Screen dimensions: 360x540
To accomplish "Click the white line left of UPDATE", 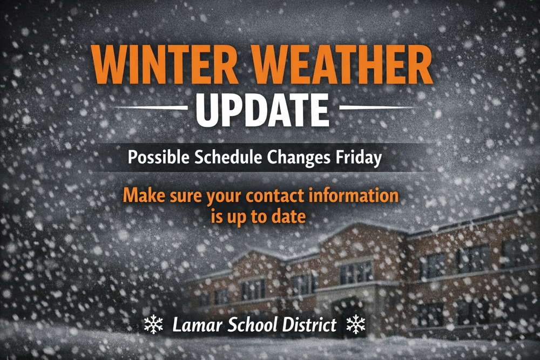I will (151, 107).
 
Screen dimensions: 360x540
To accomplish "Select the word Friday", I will (361, 158).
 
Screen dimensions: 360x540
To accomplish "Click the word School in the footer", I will (249, 325).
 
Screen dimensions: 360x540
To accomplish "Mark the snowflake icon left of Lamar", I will (154, 325).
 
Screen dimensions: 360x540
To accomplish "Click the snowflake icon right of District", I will (355, 325).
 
